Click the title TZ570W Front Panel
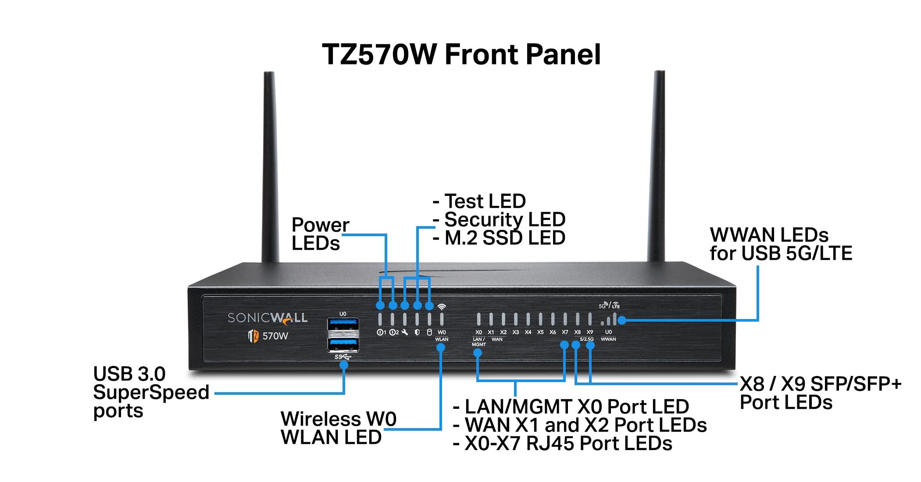click(x=461, y=55)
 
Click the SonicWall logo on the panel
click(x=267, y=318)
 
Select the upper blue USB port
click(x=343, y=326)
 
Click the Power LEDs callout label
click(x=320, y=234)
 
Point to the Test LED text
click(x=485, y=202)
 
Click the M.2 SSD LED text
click(x=504, y=238)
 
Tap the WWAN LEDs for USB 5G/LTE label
click(x=780, y=244)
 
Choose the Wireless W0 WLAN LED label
click(x=338, y=428)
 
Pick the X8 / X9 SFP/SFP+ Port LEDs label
click(x=820, y=393)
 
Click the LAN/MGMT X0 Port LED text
click(x=576, y=407)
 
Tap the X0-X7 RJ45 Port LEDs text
click(x=568, y=443)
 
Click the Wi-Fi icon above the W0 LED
click(x=442, y=307)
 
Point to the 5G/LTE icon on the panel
click(x=609, y=305)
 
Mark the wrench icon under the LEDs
click(x=405, y=332)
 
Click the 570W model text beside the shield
click(x=275, y=336)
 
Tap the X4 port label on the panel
click(x=528, y=332)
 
